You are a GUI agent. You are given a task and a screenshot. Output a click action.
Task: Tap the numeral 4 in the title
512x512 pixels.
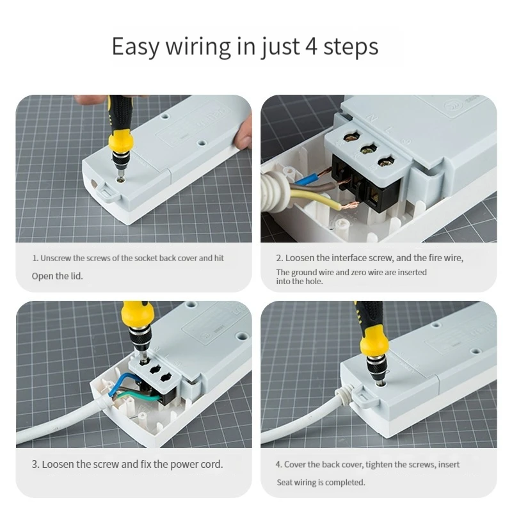pos(311,46)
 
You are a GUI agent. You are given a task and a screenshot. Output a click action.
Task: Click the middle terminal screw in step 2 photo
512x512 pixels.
pos(369,150)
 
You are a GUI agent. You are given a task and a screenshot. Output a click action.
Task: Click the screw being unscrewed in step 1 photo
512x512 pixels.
pos(122,179)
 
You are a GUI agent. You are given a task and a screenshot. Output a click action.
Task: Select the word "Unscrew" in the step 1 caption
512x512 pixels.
pos(55,259)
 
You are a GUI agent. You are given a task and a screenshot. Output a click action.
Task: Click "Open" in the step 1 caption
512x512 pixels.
pos(41,276)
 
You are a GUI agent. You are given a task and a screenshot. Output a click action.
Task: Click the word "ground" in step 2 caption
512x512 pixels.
pos(303,273)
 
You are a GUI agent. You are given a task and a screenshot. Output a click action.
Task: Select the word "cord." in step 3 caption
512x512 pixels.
pos(212,465)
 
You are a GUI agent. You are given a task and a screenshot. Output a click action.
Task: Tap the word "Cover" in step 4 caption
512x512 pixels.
pos(295,465)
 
